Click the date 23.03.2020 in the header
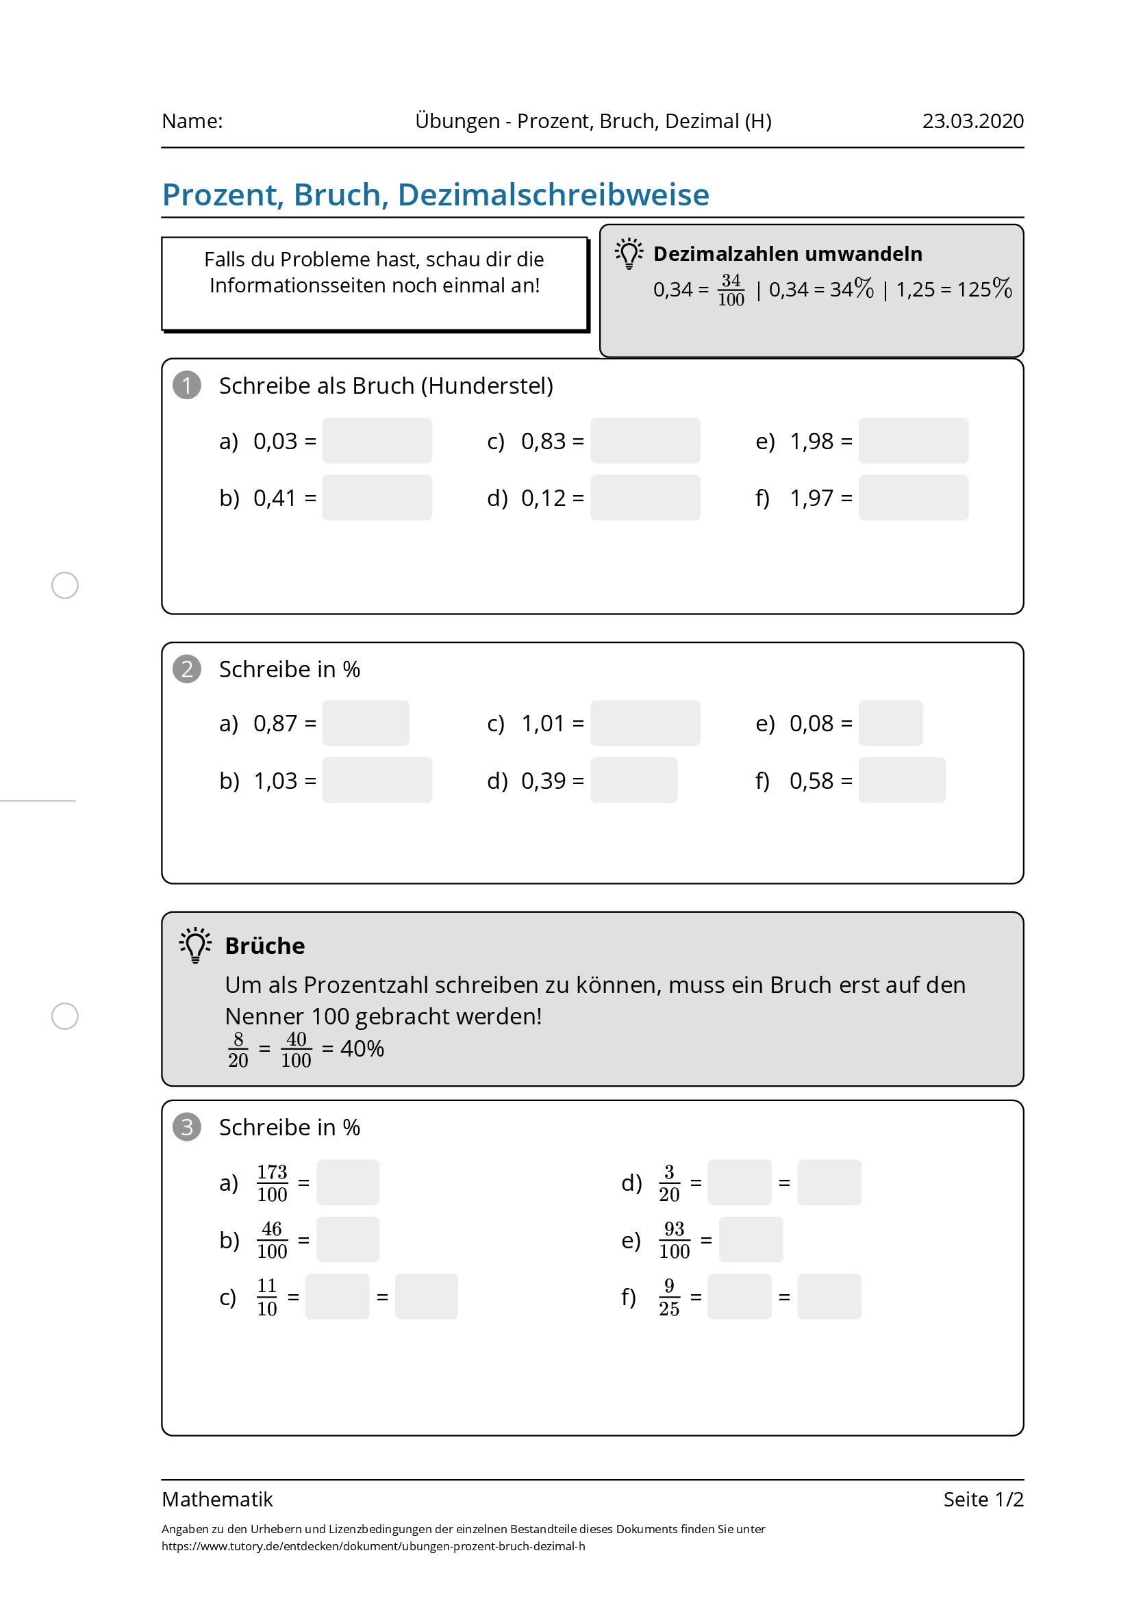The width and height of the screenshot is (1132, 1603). [972, 121]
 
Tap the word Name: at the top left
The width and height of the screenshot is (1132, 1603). [192, 121]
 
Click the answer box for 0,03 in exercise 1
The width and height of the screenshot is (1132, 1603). [377, 440]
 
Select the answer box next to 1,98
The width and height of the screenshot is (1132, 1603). [913, 440]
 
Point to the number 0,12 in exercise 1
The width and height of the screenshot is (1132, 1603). [542, 498]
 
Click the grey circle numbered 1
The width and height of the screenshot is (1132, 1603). [186, 386]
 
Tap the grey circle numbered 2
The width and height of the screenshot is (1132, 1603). [186, 669]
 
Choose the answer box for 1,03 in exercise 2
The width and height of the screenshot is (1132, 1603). [377, 780]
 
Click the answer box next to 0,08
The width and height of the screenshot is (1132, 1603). [890, 722]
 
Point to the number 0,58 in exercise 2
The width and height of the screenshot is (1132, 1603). [811, 781]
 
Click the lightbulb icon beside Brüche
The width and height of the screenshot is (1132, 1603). [196, 946]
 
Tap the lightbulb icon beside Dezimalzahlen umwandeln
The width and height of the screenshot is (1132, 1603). [629, 253]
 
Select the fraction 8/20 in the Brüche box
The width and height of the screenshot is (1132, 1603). [238, 1049]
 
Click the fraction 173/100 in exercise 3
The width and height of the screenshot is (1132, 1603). [272, 1183]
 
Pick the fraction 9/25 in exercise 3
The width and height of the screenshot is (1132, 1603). [668, 1297]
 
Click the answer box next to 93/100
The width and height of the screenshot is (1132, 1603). [750, 1240]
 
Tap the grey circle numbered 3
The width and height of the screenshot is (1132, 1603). [186, 1127]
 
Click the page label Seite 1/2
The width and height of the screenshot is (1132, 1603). [983, 1499]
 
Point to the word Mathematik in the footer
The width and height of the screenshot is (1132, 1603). [217, 1499]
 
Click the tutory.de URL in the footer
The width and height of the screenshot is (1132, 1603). [373, 1545]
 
